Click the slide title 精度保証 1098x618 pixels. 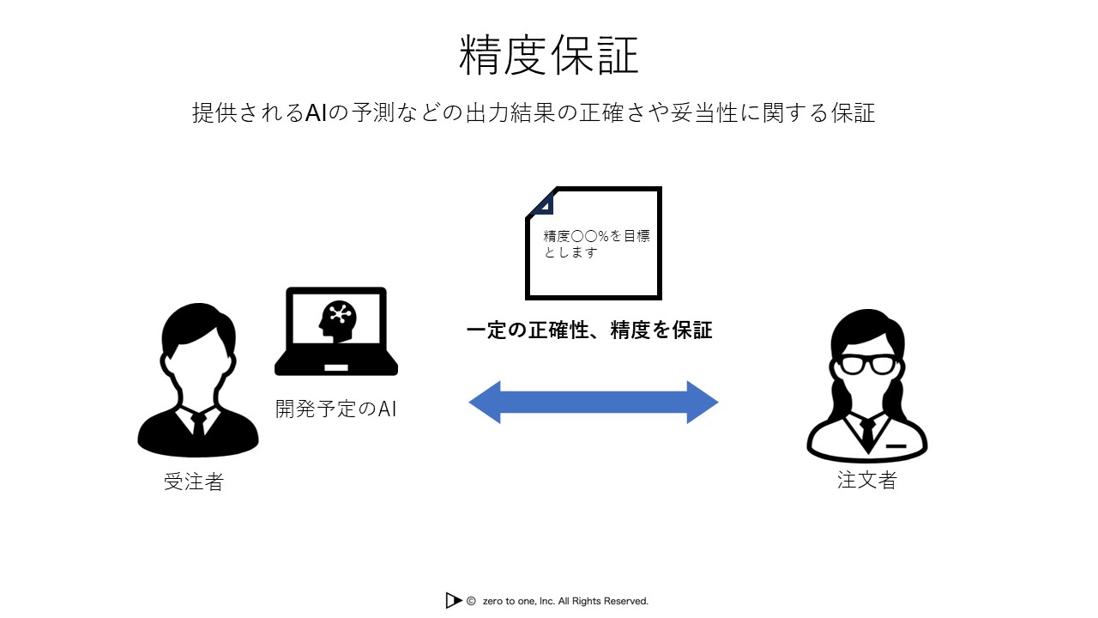(x=549, y=57)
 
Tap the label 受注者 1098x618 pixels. (x=193, y=482)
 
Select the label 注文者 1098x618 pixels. (x=866, y=480)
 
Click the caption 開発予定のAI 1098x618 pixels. (x=335, y=409)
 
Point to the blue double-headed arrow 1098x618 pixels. (x=593, y=402)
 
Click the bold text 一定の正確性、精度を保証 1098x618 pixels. (x=589, y=330)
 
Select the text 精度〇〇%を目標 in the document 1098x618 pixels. (x=596, y=236)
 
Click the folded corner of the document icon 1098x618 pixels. (x=541, y=203)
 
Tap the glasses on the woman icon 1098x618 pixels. (x=866, y=364)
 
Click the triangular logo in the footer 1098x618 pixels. (x=453, y=601)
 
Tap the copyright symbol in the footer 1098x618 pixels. (x=471, y=602)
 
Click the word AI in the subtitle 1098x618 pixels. (x=317, y=113)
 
